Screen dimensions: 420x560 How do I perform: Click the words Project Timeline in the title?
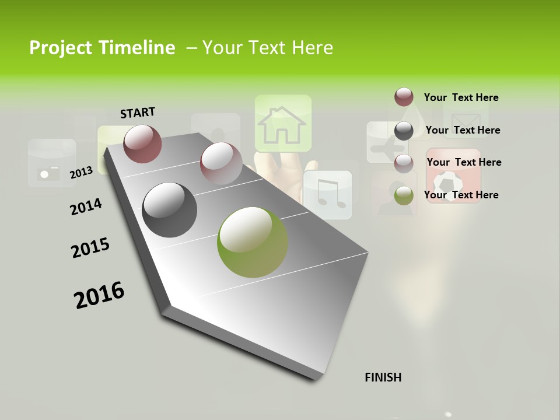coord(102,48)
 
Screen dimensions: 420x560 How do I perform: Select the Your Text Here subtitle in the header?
coord(268,48)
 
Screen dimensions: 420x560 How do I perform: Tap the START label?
coord(138,113)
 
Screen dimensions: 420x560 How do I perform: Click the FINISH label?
coord(383,377)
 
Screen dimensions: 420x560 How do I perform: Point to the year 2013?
coord(81,172)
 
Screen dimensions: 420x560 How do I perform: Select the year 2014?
coord(86,206)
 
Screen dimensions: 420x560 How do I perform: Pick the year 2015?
coord(90,248)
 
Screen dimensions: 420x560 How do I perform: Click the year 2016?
coord(99,295)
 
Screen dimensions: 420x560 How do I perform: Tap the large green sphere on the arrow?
coord(253,242)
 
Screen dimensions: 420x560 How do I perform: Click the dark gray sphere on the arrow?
coord(170,210)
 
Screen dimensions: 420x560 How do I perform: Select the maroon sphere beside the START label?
coord(143,143)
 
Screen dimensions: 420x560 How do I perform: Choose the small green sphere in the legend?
coord(404,195)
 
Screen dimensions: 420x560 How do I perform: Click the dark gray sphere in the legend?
coord(404,131)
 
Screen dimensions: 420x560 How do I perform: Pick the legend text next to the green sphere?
coord(461,195)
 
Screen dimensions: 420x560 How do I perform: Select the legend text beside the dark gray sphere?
coord(463,130)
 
